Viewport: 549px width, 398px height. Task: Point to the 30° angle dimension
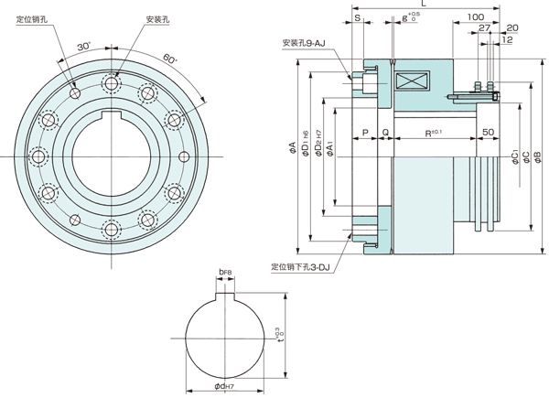[85, 46]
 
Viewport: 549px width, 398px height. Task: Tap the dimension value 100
[475, 17]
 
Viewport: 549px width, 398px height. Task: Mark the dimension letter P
[364, 134]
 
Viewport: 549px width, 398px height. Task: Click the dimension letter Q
[385, 134]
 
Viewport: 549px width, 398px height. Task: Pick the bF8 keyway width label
[226, 273]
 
